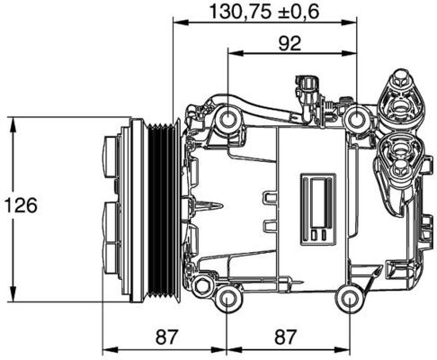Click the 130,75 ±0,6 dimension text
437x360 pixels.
click(264, 12)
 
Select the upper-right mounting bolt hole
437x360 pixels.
click(360, 116)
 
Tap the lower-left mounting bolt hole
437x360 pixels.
click(228, 299)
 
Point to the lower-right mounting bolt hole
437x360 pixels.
click(349, 299)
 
